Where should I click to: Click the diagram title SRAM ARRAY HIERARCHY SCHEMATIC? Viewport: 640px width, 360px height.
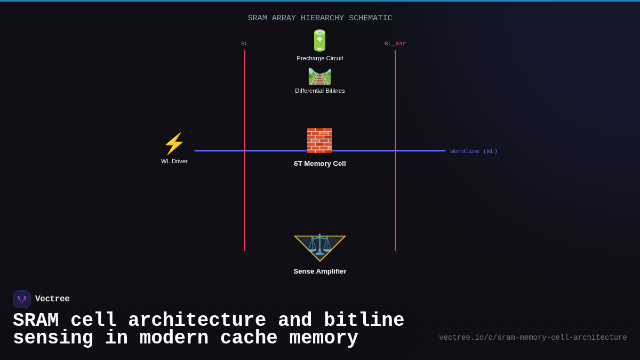pyautogui.click(x=319, y=18)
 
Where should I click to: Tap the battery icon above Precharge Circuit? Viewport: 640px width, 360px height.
pyautogui.click(x=319, y=41)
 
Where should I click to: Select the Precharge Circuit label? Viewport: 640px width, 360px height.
pyautogui.click(x=319, y=58)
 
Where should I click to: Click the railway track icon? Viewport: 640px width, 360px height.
pyautogui.click(x=319, y=76)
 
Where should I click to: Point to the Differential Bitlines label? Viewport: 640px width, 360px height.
pyautogui.click(x=319, y=91)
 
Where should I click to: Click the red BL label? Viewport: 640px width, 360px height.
pyautogui.click(x=244, y=44)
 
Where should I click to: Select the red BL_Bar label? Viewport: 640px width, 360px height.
pyautogui.click(x=395, y=44)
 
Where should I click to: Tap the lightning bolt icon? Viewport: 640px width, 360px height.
pyautogui.click(x=174, y=143)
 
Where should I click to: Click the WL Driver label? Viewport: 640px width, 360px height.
pyautogui.click(x=174, y=161)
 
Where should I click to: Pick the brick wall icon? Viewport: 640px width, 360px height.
pyautogui.click(x=319, y=140)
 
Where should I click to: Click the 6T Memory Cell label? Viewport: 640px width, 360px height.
pyautogui.click(x=319, y=164)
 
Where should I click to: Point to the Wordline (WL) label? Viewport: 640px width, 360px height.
pyautogui.click(x=474, y=151)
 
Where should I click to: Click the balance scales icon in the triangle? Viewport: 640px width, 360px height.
pyautogui.click(x=319, y=244)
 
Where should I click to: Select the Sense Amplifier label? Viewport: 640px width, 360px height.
pyautogui.click(x=319, y=271)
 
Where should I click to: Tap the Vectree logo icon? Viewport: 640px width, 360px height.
pyautogui.click(x=22, y=299)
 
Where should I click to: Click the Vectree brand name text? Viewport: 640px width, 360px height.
pyautogui.click(x=52, y=299)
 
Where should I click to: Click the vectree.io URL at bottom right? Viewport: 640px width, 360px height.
pyautogui.click(x=533, y=338)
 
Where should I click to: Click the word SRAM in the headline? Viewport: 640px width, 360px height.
pyautogui.click(x=35, y=321)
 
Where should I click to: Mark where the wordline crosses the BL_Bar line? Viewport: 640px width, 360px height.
pyautogui.click(x=395, y=150)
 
